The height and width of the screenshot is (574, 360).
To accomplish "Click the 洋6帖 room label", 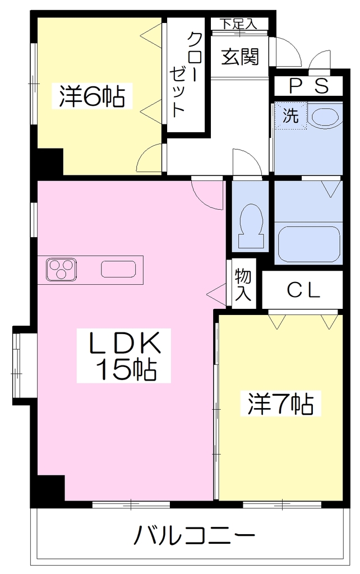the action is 92,96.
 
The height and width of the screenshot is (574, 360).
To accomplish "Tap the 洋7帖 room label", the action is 280,404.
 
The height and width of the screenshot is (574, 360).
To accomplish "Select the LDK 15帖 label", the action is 123,356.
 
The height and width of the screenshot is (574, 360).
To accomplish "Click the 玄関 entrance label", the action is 240,57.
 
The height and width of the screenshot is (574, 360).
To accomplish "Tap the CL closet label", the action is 303,291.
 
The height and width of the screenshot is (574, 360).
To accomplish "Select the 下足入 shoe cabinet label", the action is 238,24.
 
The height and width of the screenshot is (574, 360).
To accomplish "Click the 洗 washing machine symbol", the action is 291,116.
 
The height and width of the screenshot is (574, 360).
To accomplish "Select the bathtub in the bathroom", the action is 310,244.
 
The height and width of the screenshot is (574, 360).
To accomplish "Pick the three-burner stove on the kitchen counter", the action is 61,269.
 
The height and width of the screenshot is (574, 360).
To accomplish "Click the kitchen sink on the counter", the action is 118,269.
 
